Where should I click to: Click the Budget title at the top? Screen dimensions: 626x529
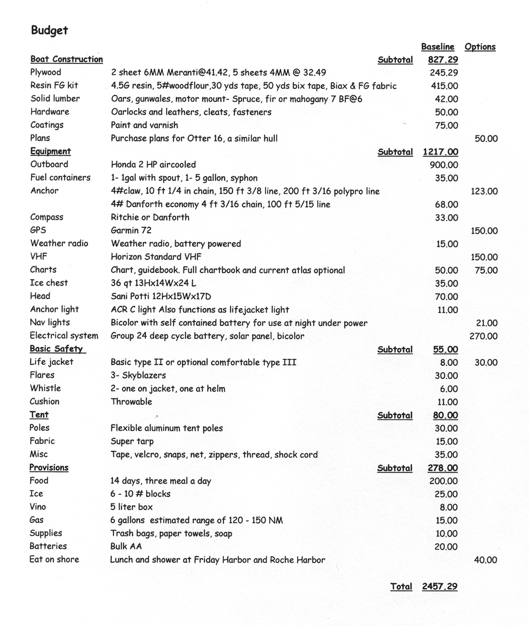tap(49, 30)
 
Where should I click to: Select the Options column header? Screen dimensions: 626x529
tap(480, 47)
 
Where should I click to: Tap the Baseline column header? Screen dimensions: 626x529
tap(437, 47)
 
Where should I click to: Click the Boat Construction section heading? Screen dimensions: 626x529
tap(67, 59)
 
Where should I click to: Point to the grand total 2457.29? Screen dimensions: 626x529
tap(440, 586)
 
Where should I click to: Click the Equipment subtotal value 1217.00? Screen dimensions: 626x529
tap(441, 152)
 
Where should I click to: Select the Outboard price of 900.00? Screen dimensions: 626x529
tap(444, 165)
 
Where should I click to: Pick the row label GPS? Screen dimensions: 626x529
tap(38, 230)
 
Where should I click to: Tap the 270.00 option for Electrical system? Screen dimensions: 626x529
tap(483, 336)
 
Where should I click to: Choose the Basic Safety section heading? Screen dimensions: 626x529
tap(57, 349)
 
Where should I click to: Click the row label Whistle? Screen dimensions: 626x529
tap(45, 388)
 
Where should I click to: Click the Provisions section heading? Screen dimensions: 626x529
tap(49, 467)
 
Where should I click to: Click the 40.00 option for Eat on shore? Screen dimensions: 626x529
tap(486, 560)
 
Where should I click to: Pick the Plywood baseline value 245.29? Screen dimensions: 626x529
tap(443, 72)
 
